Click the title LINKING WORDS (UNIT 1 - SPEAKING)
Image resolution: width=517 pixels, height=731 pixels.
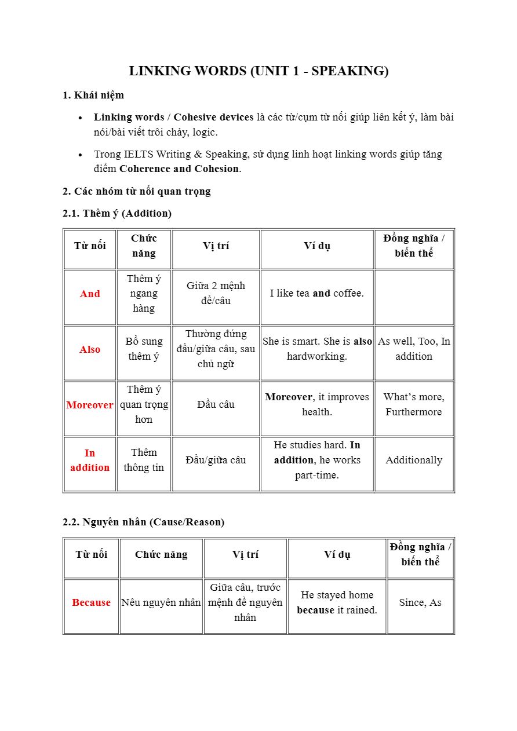(258, 71)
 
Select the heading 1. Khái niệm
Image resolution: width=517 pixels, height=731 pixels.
(93, 95)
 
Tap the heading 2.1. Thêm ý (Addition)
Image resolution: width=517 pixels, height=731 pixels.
(117, 213)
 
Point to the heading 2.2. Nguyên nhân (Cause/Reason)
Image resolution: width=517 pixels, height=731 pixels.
(143, 522)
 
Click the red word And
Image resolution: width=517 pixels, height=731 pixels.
(90, 294)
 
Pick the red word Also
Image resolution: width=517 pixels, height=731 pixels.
(90, 349)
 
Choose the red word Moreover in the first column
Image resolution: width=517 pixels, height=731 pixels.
(90, 405)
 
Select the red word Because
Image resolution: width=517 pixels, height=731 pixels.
(91, 602)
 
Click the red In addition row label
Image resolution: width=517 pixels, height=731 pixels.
(90, 460)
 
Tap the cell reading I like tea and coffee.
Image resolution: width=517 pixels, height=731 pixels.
(316, 294)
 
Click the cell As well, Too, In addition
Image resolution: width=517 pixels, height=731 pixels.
(414, 349)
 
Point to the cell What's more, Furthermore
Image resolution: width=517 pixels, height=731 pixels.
(414, 404)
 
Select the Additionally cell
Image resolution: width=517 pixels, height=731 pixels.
(414, 460)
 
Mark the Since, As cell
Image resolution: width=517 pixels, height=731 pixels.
(420, 602)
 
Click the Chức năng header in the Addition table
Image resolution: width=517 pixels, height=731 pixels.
(144, 246)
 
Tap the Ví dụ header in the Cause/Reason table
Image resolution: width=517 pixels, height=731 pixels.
(337, 554)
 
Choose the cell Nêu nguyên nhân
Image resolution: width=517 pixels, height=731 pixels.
(161, 602)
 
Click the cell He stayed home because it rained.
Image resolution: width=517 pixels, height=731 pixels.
(337, 602)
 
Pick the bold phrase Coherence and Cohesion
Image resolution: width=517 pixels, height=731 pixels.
(179, 169)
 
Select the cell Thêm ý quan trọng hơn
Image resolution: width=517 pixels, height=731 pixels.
(144, 404)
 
